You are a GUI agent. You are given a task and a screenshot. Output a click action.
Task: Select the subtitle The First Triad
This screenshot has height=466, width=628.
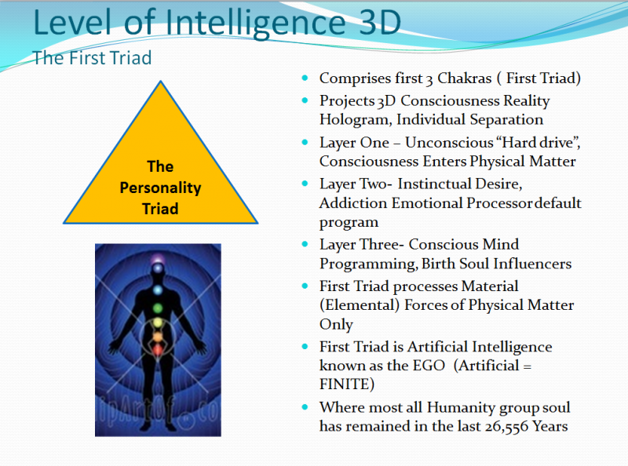92,59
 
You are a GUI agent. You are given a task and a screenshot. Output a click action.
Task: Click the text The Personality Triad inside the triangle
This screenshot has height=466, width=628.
160,187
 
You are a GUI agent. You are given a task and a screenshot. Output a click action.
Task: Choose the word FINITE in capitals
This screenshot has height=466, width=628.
345,384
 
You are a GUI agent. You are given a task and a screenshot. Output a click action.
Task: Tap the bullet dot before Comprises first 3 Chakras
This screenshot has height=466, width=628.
305,78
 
